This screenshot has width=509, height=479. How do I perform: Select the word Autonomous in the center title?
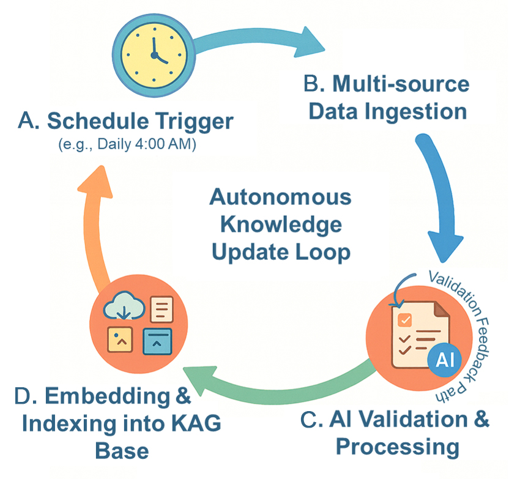coord(280,197)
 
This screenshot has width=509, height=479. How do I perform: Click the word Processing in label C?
coord(397,447)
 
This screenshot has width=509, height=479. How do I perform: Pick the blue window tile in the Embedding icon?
coord(157,340)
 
